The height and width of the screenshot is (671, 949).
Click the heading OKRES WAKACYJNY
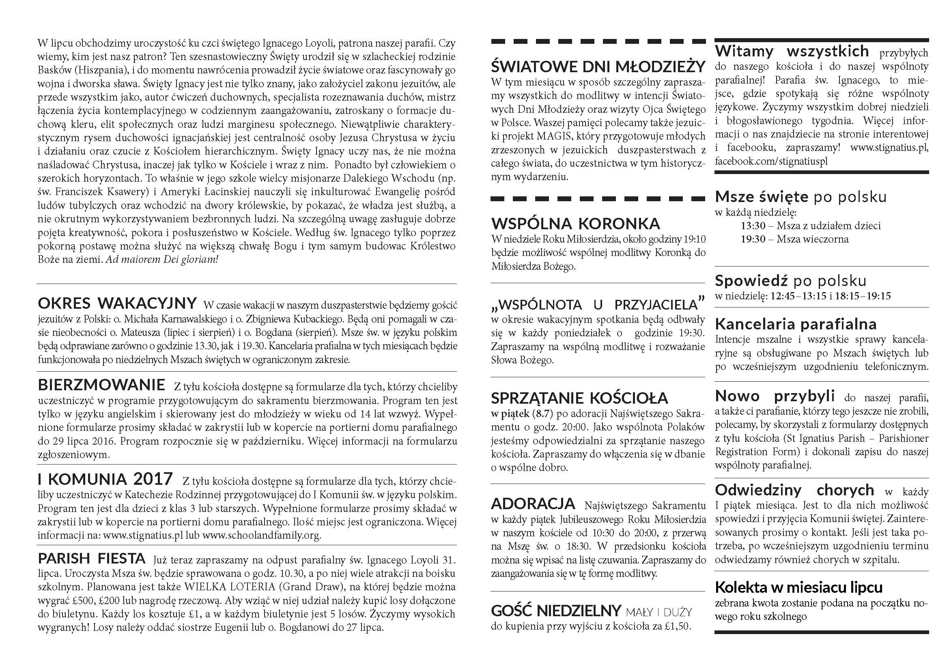[117, 304]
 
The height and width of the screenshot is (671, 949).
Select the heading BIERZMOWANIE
[101, 385]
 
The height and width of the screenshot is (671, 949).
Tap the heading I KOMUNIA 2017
[105, 479]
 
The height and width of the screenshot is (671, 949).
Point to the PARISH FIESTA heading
[92, 559]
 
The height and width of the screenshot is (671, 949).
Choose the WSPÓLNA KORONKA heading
[576, 224]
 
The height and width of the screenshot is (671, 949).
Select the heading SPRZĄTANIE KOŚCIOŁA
[579, 398]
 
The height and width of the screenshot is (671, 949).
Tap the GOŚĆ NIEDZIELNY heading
[556, 611]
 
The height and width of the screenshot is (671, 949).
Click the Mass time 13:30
[753, 226]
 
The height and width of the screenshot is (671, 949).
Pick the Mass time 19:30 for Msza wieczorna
[753, 239]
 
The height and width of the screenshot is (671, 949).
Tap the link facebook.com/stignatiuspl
[771, 161]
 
